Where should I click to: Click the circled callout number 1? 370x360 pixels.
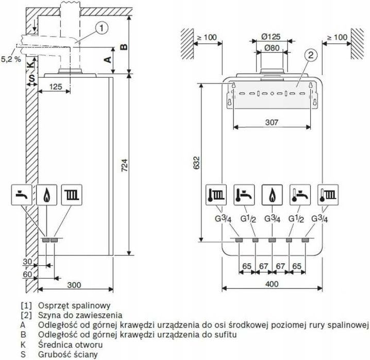pos(102,28)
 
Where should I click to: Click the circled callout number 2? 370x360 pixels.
pos(311,55)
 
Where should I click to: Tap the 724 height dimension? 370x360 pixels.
pos(125,165)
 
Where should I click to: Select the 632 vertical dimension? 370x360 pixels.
pos(196,163)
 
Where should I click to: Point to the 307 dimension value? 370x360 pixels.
pos(272,122)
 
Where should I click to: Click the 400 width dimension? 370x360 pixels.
pos(272,284)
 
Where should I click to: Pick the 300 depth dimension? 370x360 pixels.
pos(74,285)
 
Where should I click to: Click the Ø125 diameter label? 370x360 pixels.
pos(271,37)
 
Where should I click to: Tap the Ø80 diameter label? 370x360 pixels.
pos(272,48)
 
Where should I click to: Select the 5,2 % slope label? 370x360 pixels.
pos(11,59)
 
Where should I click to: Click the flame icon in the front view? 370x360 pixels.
pos(272,195)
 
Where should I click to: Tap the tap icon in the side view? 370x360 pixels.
pos(22,195)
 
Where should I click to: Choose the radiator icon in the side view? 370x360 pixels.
pos(72,195)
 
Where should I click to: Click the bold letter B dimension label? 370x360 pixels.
pos(124,47)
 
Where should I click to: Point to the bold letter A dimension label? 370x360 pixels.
pos(108,60)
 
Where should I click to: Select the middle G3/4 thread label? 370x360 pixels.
pos(272,219)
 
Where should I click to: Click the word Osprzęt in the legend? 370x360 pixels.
pos(54,306)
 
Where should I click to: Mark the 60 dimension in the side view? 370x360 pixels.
pos(27,275)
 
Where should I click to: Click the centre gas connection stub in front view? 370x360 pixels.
pos(272,240)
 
